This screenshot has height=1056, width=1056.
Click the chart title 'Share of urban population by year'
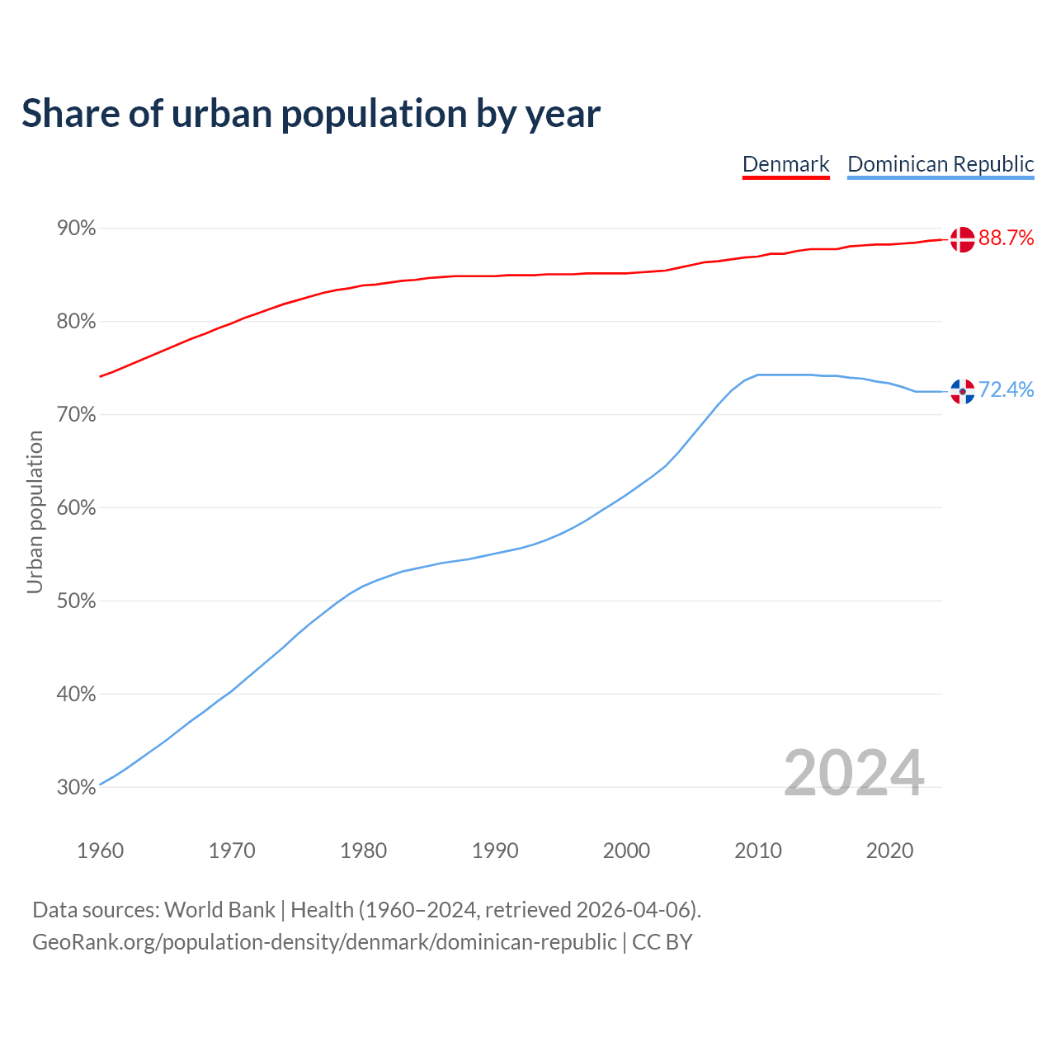click(x=311, y=114)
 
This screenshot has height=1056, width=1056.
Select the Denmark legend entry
click(x=785, y=164)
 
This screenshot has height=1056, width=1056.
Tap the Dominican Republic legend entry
click(x=940, y=164)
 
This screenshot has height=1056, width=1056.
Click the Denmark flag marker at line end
click(x=962, y=239)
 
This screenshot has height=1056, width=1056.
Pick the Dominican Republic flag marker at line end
click(x=962, y=391)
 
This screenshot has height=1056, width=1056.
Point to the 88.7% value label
click(x=1006, y=238)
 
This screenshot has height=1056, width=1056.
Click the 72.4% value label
click(x=1006, y=390)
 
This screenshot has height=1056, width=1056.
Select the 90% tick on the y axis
click(x=77, y=229)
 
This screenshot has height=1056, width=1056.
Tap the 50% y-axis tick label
click(x=77, y=601)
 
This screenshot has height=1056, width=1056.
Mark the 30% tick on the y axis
click(x=77, y=788)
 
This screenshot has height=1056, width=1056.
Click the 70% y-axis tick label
click(x=77, y=415)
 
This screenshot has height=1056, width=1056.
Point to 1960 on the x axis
click(x=101, y=851)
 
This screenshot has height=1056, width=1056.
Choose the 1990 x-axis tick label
click(x=495, y=851)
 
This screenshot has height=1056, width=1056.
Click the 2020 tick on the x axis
click(x=889, y=851)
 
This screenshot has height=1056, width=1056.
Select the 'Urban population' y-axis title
click(x=35, y=512)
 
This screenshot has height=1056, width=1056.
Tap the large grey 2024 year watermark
click(x=853, y=773)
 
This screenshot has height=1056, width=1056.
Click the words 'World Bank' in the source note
click(x=219, y=910)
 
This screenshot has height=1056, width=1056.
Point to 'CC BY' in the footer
click(x=662, y=942)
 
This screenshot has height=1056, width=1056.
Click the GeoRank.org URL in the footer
click(x=324, y=942)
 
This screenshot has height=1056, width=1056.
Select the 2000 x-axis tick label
click(x=626, y=851)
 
